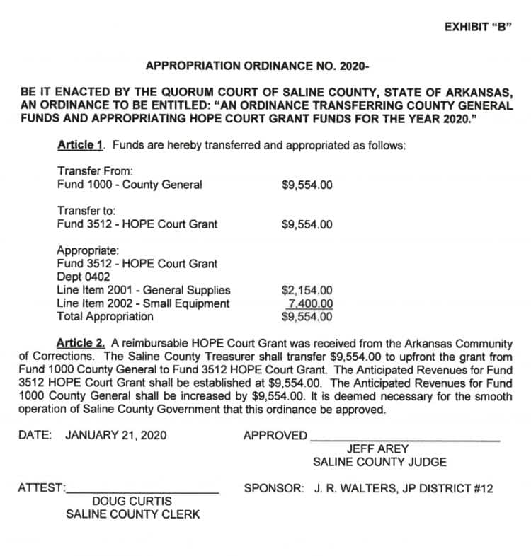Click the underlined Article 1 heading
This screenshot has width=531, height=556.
(x=81, y=145)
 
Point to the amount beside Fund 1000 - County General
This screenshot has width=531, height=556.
(x=307, y=185)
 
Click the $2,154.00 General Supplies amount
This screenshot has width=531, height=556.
(x=307, y=291)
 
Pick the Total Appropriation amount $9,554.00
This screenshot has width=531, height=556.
(x=307, y=316)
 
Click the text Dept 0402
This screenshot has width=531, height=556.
(x=84, y=277)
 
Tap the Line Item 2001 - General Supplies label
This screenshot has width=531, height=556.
(x=143, y=291)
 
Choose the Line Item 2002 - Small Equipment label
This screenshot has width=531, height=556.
(x=143, y=303)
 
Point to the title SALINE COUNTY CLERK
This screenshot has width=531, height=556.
(x=132, y=514)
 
